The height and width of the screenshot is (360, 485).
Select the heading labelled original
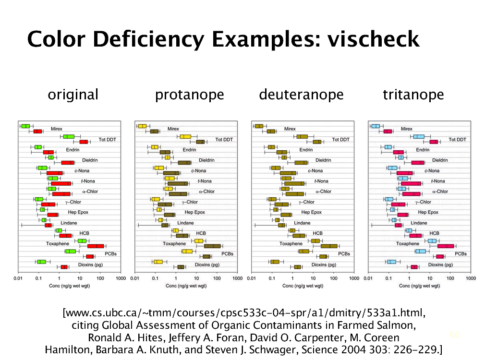click(73, 95)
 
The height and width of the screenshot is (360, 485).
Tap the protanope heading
click(189, 95)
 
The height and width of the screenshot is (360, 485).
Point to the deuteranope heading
click(301, 95)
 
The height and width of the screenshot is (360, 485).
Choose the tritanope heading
click(413, 95)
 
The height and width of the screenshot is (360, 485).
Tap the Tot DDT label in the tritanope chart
click(457, 140)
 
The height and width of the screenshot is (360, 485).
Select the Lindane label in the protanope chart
click(185, 223)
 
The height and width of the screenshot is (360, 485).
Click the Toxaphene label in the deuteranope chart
click(291, 244)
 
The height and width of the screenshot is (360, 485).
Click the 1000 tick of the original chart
click(121, 278)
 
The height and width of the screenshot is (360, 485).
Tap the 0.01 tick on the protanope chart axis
click(135, 278)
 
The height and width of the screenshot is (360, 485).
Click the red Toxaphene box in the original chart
click(95, 246)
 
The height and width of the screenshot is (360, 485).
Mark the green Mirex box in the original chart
click(25, 126)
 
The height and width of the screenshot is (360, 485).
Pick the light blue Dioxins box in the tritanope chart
click(391, 262)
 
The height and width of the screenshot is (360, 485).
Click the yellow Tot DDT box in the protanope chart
click(185, 137)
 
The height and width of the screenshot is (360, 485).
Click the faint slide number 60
click(454, 335)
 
